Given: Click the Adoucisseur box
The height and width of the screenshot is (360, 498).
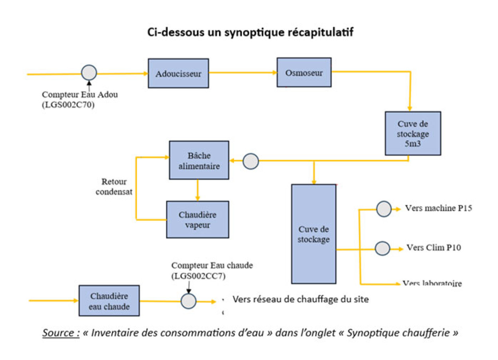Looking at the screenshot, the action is [x=178, y=73].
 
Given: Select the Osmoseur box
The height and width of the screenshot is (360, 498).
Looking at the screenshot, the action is [x=304, y=72].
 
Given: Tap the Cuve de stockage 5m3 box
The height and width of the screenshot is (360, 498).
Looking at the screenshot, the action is [x=413, y=133].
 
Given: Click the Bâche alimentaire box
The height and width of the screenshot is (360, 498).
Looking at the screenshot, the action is [x=199, y=160].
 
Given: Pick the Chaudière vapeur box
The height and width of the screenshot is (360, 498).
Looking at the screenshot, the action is [x=198, y=220].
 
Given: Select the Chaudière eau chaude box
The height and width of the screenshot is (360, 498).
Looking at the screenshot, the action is [x=109, y=300].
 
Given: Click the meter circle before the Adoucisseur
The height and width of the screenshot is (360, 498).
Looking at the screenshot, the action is [x=89, y=72].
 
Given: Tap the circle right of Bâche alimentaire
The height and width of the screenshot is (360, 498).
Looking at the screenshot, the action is [x=251, y=161].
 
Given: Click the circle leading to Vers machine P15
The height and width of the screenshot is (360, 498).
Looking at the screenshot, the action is [x=384, y=209].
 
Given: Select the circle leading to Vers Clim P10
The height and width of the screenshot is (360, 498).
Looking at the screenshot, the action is [x=382, y=248].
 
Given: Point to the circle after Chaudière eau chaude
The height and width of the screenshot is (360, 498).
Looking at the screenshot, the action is [x=189, y=301].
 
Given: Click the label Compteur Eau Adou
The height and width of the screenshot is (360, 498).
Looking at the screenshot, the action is [x=80, y=94].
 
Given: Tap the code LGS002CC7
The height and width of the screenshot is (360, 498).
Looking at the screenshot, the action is [x=198, y=276].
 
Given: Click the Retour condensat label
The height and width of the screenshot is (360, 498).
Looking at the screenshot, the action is [x=114, y=186].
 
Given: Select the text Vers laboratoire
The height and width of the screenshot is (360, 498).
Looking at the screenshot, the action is [x=432, y=283].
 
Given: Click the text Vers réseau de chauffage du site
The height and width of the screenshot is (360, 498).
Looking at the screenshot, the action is [x=301, y=299].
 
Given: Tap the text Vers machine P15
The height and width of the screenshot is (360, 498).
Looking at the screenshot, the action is [x=438, y=208].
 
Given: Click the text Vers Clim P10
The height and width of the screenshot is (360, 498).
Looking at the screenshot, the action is [x=434, y=248].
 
